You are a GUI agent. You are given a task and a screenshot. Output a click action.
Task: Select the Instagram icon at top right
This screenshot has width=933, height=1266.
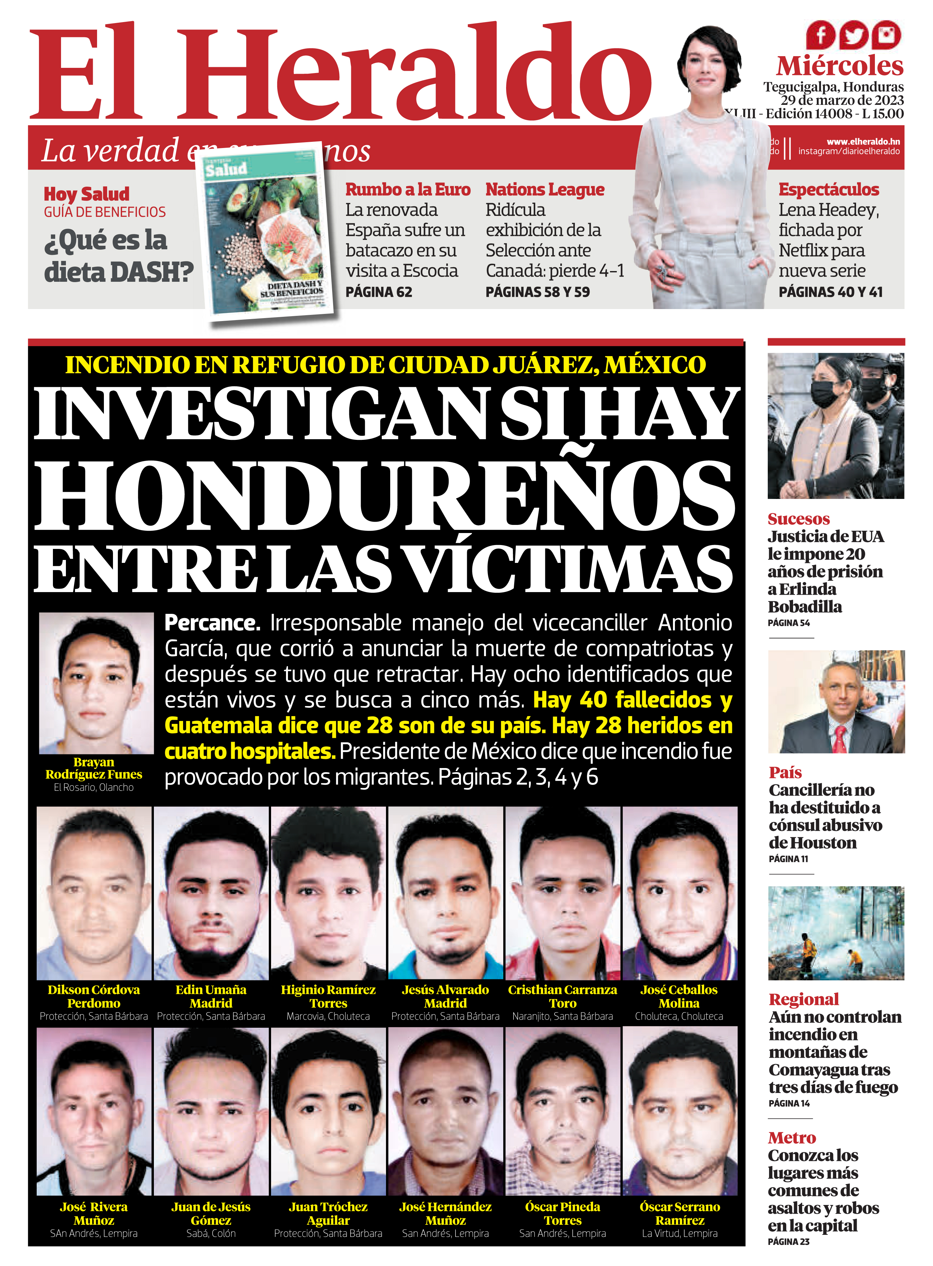click(887, 35)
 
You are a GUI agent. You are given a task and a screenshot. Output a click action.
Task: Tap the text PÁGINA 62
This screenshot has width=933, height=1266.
click(379, 292)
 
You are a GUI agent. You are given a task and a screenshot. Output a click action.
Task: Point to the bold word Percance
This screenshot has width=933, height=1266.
click(212, 623)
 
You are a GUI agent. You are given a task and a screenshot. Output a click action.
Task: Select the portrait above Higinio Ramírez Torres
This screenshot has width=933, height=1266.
click(328, 893)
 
